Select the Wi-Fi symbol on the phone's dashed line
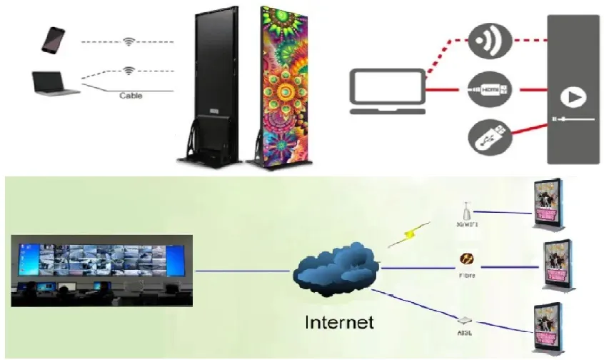point(129,42)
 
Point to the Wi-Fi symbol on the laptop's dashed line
point(129,71)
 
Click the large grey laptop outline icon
point(386,91)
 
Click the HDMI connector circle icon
point(490,90)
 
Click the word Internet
point(339,322)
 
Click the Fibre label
point(468,274)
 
